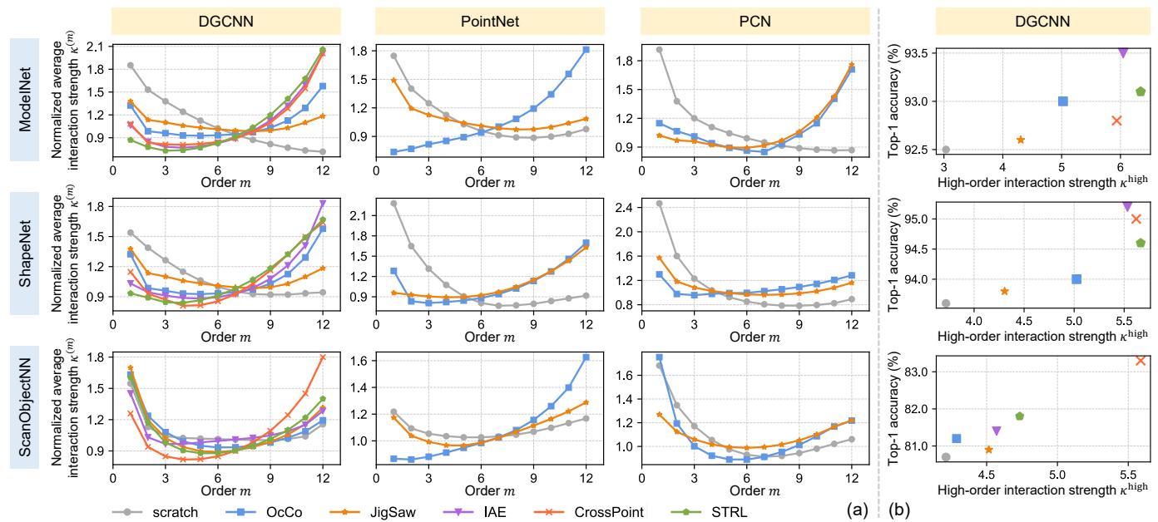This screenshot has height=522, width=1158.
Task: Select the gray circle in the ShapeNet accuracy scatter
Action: point(946,303)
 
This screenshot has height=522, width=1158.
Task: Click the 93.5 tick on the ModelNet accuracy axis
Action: point(920,52)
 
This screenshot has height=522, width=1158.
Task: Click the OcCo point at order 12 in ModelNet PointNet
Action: point(586,50)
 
